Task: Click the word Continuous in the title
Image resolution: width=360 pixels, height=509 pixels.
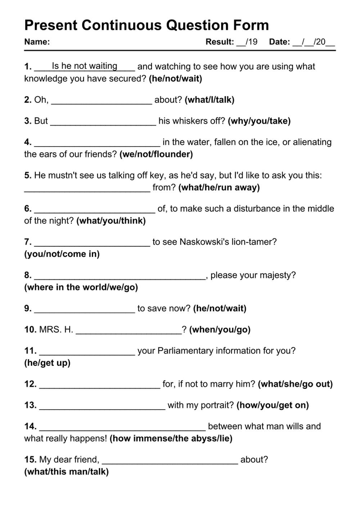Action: tap(121, 25)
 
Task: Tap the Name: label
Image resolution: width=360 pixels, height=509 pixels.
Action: tap(37, 42)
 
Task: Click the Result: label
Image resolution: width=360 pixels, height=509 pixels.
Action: tap(220, 42)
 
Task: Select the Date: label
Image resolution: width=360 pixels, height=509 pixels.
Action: tap(279, 42)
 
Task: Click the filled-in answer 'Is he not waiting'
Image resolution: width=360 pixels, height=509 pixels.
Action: tap(85, 66)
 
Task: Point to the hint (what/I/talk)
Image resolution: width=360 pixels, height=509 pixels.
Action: tap(210, 100)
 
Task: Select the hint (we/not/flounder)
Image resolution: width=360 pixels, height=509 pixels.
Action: tap(156, 154)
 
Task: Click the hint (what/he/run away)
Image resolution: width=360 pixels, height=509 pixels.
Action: tap(219, 188)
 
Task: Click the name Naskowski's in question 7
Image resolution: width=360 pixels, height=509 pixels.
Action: tap(204, 242)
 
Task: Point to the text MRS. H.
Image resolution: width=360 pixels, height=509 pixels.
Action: tap(56, 330)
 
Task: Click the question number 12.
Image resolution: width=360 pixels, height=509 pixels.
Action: tap(30, 384)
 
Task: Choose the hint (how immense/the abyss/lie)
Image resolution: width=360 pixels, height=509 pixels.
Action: tap(171, 438)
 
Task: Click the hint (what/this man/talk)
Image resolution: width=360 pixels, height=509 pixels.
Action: tap(66, 472)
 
